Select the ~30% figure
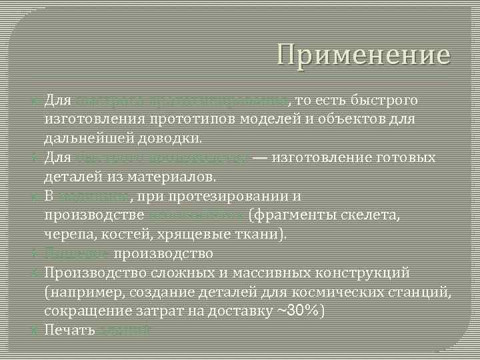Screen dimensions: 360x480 pyautogui.click(x=295, y=311)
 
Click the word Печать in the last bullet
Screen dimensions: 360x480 pyautogui.click(x=69, y=331)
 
